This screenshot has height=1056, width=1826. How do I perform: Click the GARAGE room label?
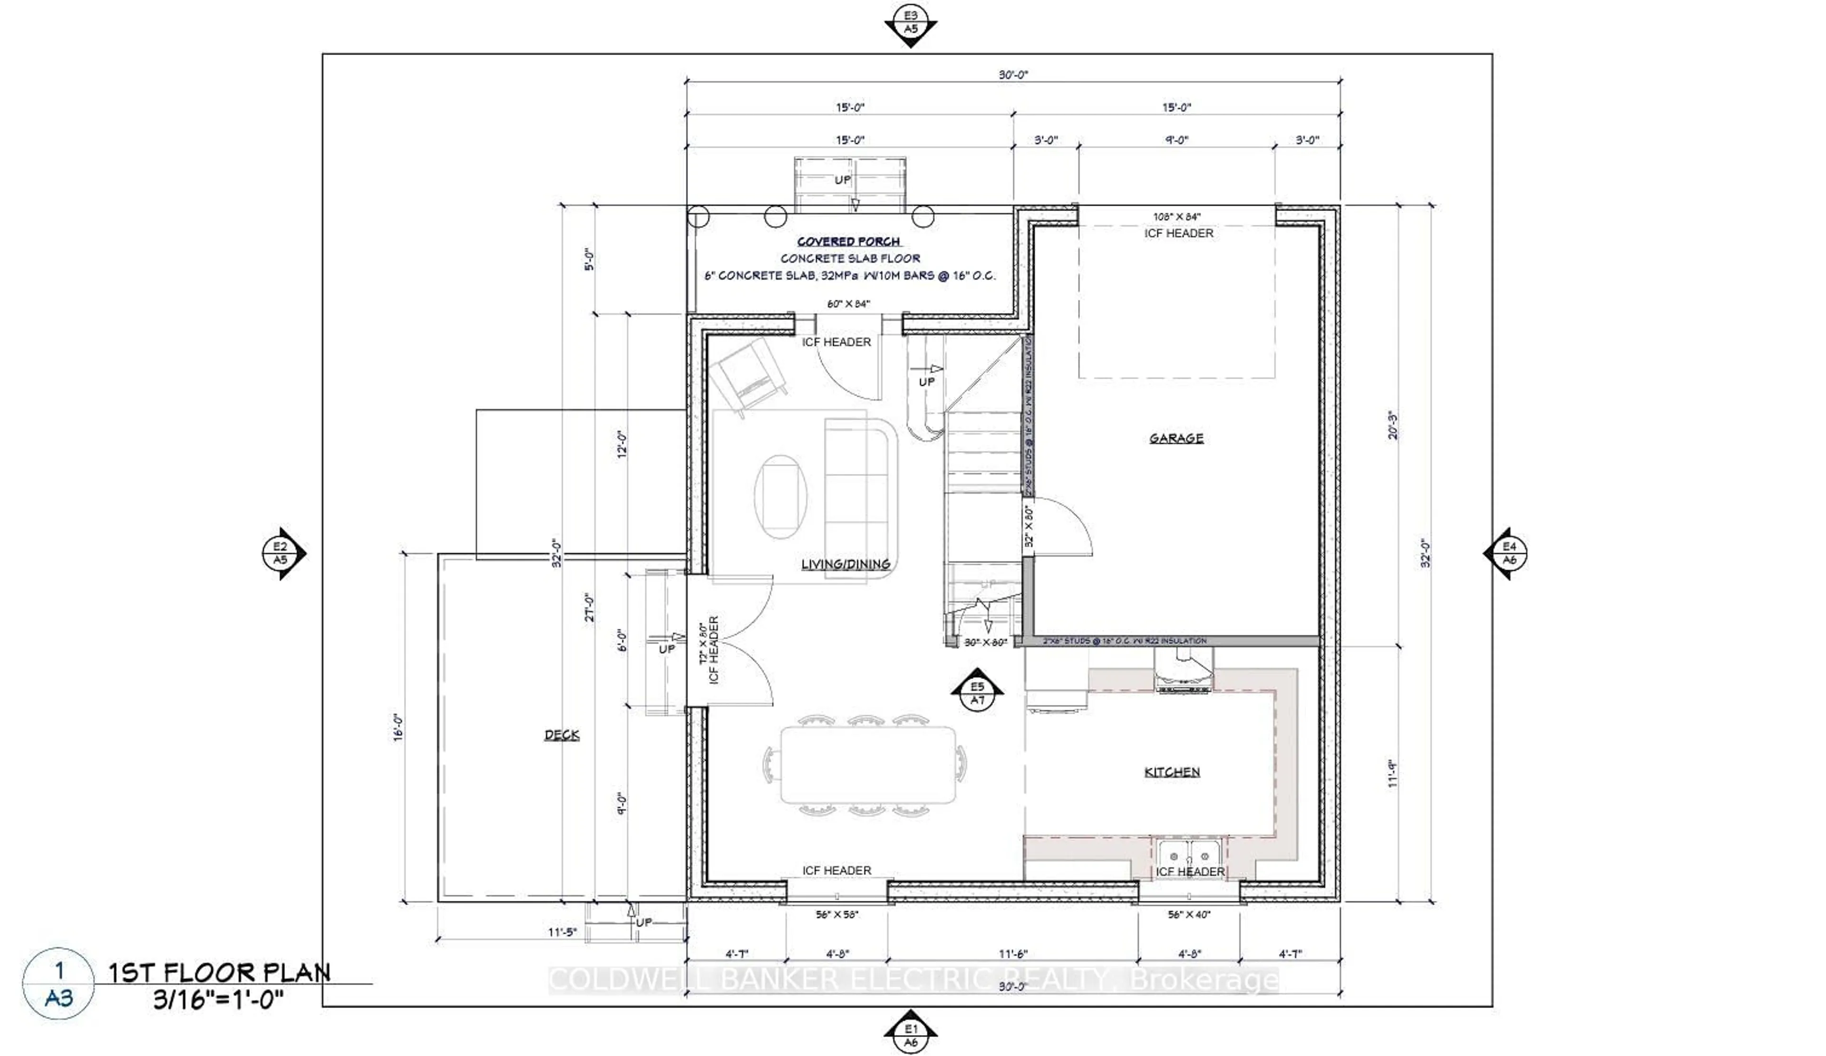1175,438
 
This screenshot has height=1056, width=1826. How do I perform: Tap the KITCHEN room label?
1172,772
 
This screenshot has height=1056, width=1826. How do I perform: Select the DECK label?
562,735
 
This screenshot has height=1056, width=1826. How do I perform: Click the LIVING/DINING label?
845,564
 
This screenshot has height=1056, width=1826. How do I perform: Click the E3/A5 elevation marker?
910,22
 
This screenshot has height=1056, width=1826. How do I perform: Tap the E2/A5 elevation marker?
281,553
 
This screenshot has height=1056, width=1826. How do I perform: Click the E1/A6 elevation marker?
910,1034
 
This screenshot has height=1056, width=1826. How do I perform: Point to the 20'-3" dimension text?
1392,426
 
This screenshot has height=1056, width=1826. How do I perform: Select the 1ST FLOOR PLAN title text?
220,973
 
